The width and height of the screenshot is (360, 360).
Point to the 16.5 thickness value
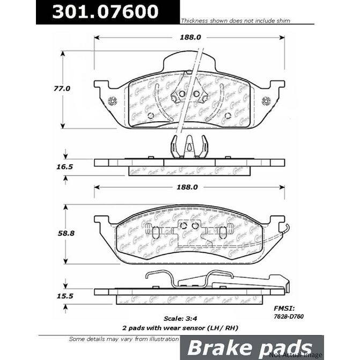point(65,167)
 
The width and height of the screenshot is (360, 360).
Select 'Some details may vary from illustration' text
point(124,339)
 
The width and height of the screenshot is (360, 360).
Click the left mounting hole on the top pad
point(112,101)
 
